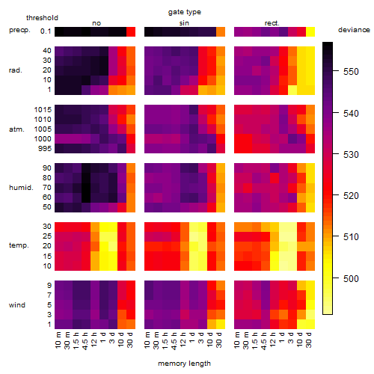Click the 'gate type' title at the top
pyautogui.click(x=185, y=12)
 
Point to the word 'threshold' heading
pyautogui.click(x=42, y=18)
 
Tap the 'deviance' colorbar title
pyautogui.click(x=354, y=30)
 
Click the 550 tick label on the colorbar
pyautogui.click(x=351, y=72)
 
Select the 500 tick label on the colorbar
pyautogui.click(x=351, y=278)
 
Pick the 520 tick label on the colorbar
pyautogui.click(x=351, y=196)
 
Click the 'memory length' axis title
pyautogui.click(x=185, y=364)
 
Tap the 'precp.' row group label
pyautogui.click(x=19, y=30)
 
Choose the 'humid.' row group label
pyautogui.click(x=21, y=188)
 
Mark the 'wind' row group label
pyautogui.click(x=17, y=305)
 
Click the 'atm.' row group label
pyautogui.click(x=16, y=129)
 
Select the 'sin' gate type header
pyautogui.click(x=184, y=23)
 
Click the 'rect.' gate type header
pyautogui.click(x=272, y=23)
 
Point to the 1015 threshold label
pyautogui.click(x=43, y=110)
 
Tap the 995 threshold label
pyautogui.click(x=45, y=149)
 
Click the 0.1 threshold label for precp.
pyautogui.click(x=46, y=31)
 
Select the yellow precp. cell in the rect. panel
pyautogui.click(x=310, y=32)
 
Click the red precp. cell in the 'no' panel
pyautogui.click(x=131, y=32)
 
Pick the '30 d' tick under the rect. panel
pyautogui.click(x=309, y=340)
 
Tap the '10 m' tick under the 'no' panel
pyautogui.click(x=58, y=340)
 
